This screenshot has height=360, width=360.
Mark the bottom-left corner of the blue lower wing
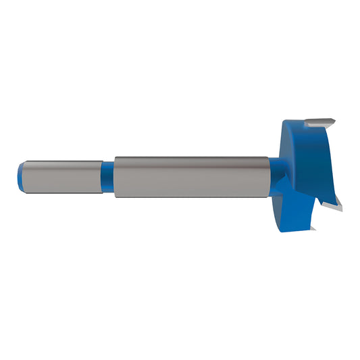coord(278,230)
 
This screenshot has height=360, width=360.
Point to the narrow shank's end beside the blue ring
coord(102,176)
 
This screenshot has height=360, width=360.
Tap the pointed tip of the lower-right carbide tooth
coord(342,207)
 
